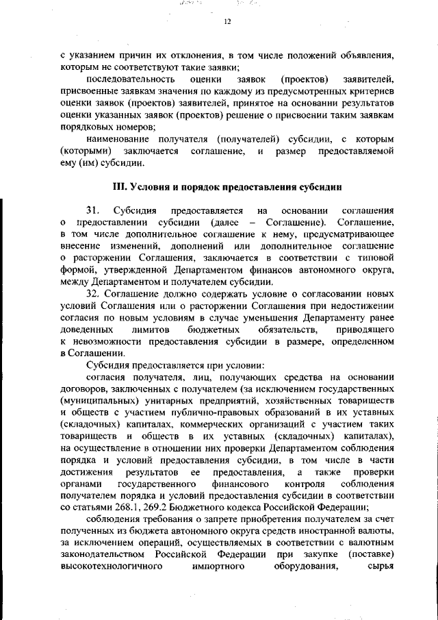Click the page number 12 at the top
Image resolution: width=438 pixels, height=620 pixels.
click(x=228, y=22)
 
